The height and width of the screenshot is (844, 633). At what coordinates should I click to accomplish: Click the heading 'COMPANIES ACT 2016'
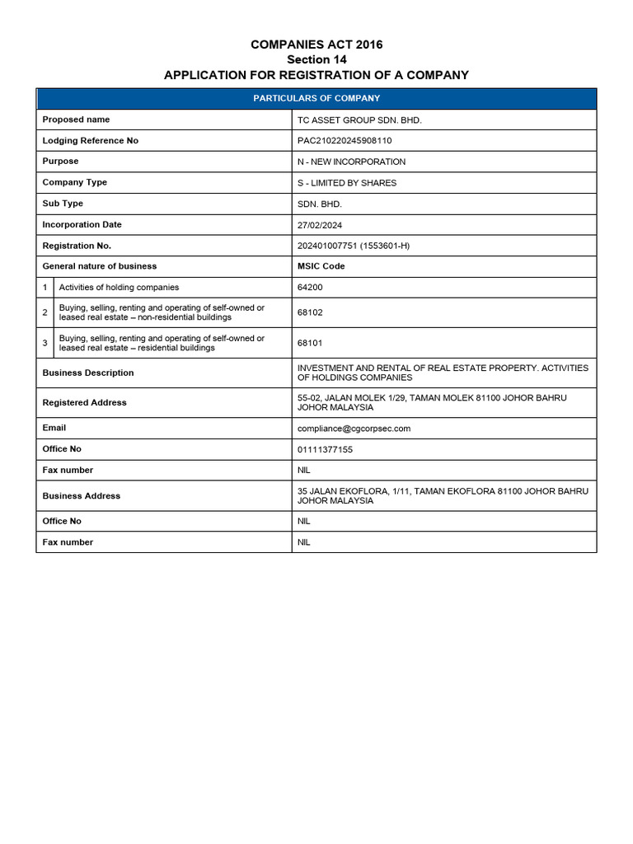(x=316, y=45)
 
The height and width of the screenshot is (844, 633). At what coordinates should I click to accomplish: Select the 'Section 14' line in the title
(x=316, y=59)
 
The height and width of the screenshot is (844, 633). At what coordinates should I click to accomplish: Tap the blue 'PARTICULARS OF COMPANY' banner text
(x=316, y=98)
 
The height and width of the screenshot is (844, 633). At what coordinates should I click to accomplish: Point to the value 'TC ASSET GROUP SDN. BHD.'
(x=359, y=120)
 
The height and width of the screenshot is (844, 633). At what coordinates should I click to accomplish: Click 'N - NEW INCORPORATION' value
(x=351, y=162)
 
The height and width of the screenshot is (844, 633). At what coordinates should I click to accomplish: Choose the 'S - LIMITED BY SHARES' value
(x=346, y=183)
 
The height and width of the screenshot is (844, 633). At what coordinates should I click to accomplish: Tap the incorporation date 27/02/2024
(x=320, y=224)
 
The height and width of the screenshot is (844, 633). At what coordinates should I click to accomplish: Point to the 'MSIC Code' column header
(x=321, y=266)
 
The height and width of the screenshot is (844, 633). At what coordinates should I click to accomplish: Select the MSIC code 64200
(x=311, y=288)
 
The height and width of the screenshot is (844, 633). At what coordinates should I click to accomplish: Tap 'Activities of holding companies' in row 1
(x=119, y=288)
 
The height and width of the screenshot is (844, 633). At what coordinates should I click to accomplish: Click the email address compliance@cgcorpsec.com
(x=354, y=429)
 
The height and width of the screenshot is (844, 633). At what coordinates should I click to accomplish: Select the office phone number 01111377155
(x=325, y=449)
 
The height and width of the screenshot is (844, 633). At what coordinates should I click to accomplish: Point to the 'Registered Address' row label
(x=84, y=403)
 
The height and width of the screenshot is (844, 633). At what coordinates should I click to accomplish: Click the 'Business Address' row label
(x=81, y=496)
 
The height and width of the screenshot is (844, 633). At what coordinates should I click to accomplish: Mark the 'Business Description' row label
(x=87, y=373)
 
